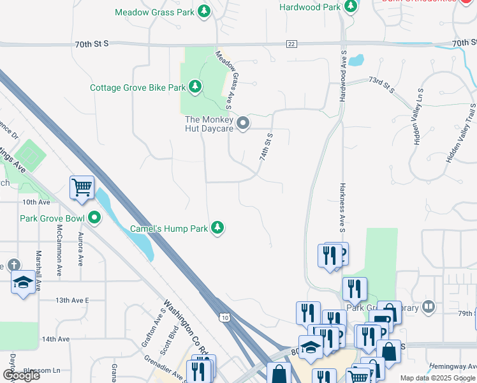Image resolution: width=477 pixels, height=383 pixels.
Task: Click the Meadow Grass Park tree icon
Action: click(x=204, y=11)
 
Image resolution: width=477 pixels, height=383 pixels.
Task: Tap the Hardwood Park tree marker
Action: click(x=350, y=6)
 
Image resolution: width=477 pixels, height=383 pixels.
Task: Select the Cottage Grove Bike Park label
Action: click(x=137, y=87)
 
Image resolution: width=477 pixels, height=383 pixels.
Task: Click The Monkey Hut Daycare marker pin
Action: click(x=242, y=123)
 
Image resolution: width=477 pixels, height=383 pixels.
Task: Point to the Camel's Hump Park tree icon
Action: click(x=218, y=228)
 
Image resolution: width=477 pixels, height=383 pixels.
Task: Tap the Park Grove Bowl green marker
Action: click(x=95, y=218)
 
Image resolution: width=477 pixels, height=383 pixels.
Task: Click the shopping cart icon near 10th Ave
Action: click(x=82, y=188)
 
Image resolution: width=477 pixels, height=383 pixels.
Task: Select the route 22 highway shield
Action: click(x=291, y=43)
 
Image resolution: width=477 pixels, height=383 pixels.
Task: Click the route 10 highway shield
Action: click(x=224, y=317)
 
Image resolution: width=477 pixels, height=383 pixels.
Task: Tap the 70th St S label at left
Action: click(x=92, y=43)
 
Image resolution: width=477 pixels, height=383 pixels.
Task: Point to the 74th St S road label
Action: click(x=266, y=147)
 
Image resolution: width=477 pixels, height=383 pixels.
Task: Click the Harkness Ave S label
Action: click(x=342, y=206)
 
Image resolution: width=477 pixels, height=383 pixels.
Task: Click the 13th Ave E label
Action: click(x=72, y=299)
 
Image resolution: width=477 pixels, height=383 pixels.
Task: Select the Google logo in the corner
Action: click(x=21, y=375)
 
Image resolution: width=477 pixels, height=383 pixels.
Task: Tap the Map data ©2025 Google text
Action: click(x=437, y=378)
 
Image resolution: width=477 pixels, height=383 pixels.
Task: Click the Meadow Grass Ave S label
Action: click(x=227, y=79)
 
